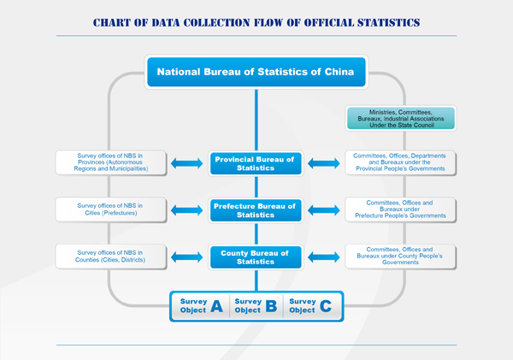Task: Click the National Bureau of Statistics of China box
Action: coord(256,72)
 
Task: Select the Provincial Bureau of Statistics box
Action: coord(256,163)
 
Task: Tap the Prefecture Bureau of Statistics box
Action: coord(256,210)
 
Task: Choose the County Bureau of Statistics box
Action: coord(256,257)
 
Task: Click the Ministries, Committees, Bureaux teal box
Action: coord(401,119)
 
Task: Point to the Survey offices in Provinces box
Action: coord(111,162)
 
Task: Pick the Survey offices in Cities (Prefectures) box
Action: coord(111,210)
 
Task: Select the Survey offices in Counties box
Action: coord(111,257)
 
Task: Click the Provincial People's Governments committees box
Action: coord(400,162)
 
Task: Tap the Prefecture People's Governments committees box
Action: coord(400,210)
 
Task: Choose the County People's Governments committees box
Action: coord(400,257)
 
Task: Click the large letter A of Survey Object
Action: coord(216,306)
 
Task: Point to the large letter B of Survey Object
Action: coord(271,306)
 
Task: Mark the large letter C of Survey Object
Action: coord(326,306)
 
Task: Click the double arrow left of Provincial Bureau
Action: coord(186,163)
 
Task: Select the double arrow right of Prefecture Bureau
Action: coord(324,210)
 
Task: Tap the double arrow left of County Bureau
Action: coord(186,257)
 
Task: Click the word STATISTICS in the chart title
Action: coord(388,22)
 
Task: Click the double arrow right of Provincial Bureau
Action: coord(324,163)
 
